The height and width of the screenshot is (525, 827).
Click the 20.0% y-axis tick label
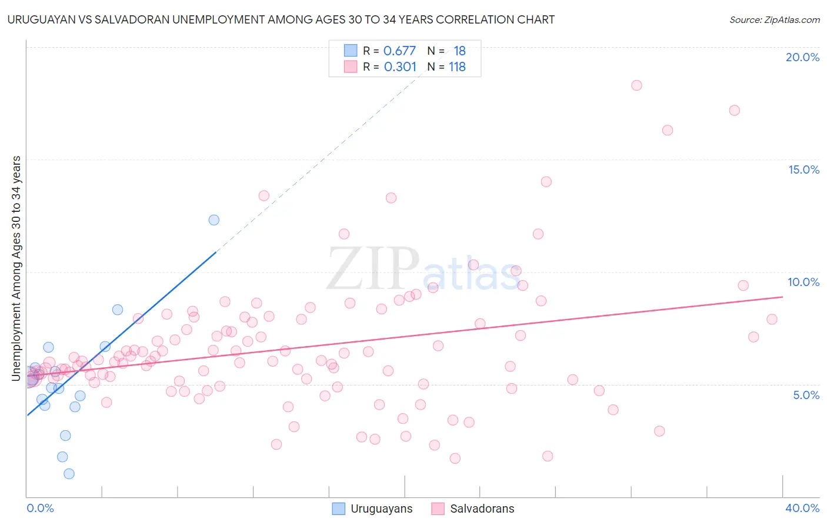pyautogui.click(x=802, y=57)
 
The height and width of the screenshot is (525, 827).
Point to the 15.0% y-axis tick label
pyautogui.click(x=803, y=170)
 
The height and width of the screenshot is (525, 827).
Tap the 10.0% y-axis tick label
pyautogui.click(x=803, y=282)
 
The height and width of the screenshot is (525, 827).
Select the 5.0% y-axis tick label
pyautogui.click(x=806, y=395)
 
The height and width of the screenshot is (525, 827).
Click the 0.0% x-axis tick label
pyautogui.click(x=40, y=508)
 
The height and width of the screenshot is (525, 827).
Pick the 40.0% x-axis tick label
pyautogui.click(x=802, y=508)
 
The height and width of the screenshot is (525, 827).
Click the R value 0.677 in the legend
pyautogui.click(x=399, y=51)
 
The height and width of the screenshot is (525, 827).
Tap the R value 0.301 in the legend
pyautogui.click(x=400, y=67)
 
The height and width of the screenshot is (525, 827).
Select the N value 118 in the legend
pyautogui.click(x=457, y=67)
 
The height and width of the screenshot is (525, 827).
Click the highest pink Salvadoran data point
pyautogui.click(x=636, y=85)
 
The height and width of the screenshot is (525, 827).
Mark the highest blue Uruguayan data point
pyautogui.click(x=214, y=220)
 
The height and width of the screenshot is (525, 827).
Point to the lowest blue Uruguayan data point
pyautogui.click(x=69, y=474)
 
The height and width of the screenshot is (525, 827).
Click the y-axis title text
pyautogui.click(x=16, y=268)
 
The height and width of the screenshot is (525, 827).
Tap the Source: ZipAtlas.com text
pyautogui.click(x=774, y=20)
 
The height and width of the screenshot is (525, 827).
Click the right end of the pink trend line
pyautogui.click(x=782, y=297)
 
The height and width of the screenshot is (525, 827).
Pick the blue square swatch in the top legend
pyautogui.click(x=351, y=51)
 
